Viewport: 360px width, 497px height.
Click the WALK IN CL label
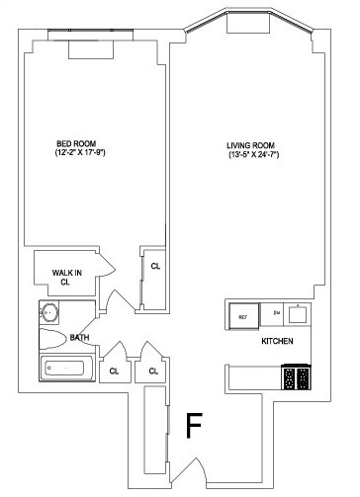(x=66, y=275)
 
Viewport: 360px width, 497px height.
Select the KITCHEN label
(x=276, y=341)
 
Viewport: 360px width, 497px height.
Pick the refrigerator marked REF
(x=241, y=316)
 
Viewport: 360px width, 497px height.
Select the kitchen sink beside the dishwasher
(x=300, y=313)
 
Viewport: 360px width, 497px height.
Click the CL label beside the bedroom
(x=155, y=266)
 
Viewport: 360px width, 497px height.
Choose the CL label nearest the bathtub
(x=115, y=371)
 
